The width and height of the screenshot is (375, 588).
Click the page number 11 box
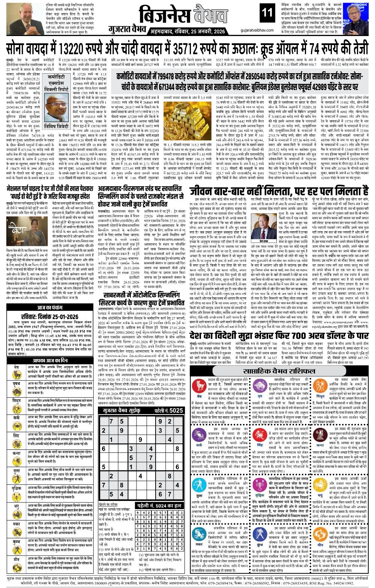268,13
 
